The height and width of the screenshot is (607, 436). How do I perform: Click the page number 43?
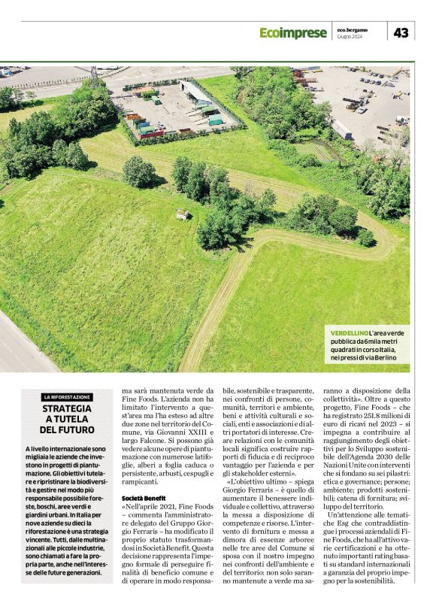(x=401, y=32)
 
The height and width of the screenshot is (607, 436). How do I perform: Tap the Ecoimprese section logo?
(x=293, y=33)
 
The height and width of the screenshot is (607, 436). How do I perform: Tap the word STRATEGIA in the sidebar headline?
(x=68, y=408)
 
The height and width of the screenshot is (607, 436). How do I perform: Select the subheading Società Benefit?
(x=143, y=499)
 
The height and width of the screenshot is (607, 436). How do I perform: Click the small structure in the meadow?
(x=181, y=215)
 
